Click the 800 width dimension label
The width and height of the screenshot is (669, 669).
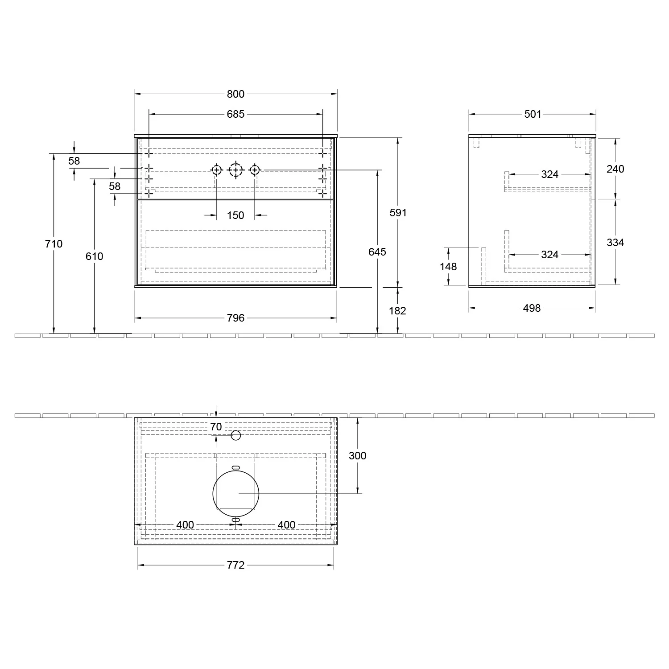(x=235, y=94)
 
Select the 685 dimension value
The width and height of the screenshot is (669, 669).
(x=235, y=114)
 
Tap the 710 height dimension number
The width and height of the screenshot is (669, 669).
(x=54, y=244)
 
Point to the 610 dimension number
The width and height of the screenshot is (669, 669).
(x=95, y=256)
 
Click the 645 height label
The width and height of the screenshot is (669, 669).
(x=377, y=252)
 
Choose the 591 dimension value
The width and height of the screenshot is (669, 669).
(x=398, y=213)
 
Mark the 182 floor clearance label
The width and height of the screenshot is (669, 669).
(x=397, y=311)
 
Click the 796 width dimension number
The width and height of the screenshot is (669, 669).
(x=235, y=318)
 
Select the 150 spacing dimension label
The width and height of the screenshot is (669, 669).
(x=235, y=215)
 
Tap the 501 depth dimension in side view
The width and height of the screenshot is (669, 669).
(x=533, y=114)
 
